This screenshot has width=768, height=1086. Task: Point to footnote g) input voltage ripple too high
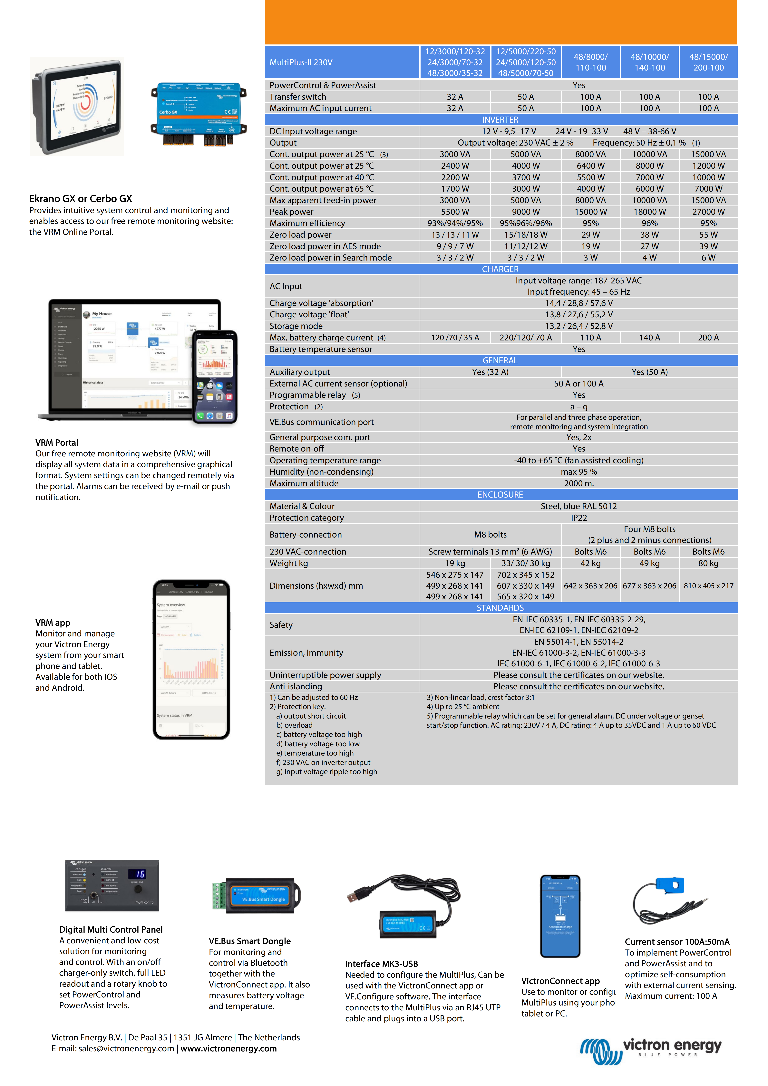[x=326, y=771]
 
